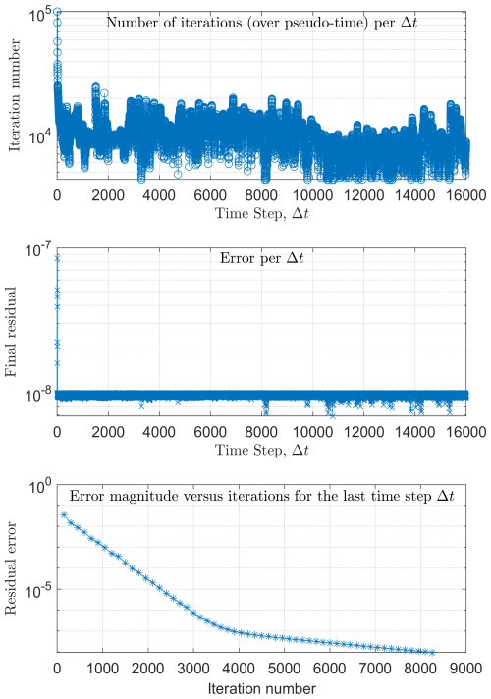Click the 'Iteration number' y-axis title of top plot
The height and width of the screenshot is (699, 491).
pos(16,98)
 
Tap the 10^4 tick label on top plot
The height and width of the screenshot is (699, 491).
pos(39,137)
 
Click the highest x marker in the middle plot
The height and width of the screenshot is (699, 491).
pos(57,258)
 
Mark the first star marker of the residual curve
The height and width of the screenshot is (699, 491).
pos(65,514)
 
